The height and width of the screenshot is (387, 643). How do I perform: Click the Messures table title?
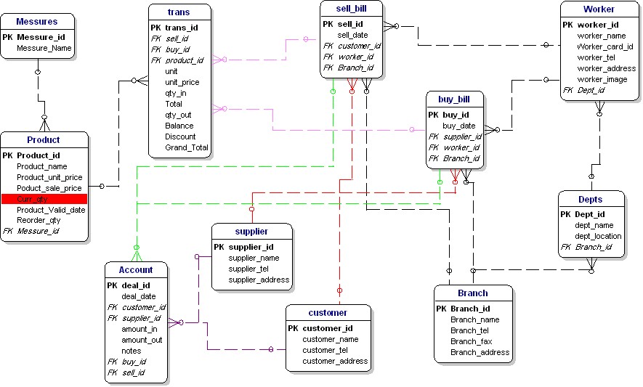(x=36, y=22)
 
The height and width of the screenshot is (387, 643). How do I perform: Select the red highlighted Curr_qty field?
(x=44, y=199)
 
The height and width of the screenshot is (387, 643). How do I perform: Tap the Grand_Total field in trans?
(x=187, y=147)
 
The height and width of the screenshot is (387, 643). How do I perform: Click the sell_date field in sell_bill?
(x=352, y=35)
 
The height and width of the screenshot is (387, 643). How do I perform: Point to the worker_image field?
(x=602, y=79)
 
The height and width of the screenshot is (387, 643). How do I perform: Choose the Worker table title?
(x=599, y=9)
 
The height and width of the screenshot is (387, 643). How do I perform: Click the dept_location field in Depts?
(x=598, y=236)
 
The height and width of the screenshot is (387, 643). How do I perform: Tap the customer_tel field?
(x=325, y=350)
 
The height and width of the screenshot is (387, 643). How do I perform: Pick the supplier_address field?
(x=259, y=280)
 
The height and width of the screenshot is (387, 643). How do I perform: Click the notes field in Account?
(x=132, y=351)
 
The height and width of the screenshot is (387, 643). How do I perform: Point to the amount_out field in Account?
(x=142, y=340)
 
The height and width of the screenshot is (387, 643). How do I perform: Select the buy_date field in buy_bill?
(x=459, y=126)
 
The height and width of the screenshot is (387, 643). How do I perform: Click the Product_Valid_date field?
(x=51, y=210)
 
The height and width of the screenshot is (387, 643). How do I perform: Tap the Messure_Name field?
(x=44, y=48)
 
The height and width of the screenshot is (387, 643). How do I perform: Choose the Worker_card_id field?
(x=605, y=46)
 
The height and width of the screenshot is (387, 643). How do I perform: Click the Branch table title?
(x=473, y=293)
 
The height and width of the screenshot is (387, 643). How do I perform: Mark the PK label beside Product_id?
(x=8, y=155)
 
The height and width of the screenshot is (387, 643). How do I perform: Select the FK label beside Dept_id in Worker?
(x=567, y=90)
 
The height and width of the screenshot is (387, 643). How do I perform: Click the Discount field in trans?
(x=180, y=137)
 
